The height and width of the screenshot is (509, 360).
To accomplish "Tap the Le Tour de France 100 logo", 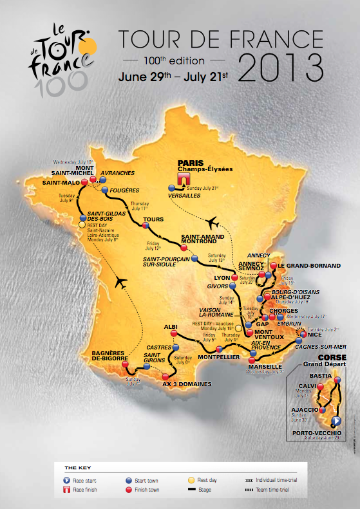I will point(61,57).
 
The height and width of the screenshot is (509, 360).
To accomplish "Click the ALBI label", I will point(171,327).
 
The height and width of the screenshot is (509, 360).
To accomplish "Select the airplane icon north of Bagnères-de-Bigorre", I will point(120,282).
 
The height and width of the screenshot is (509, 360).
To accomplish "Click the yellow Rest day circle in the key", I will point(192,480).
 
